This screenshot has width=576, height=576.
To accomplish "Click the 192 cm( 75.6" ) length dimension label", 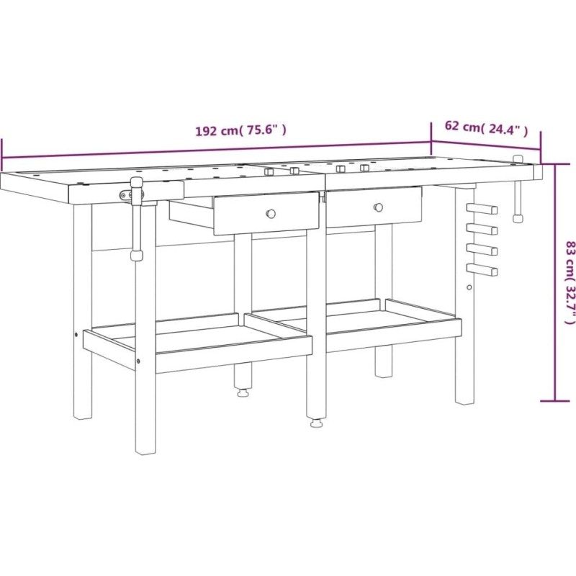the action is click(240, 130).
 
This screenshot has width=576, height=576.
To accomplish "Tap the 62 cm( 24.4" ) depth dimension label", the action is click(487, 127).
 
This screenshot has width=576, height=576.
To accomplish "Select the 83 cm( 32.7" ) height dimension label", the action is click(569, 282).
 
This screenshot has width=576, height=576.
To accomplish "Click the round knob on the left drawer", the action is click(271, 213).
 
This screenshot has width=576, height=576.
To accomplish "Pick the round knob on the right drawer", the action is click(378, 207).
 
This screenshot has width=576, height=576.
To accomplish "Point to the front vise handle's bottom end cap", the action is click(137, 256).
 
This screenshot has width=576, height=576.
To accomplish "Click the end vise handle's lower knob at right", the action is click(518, 218).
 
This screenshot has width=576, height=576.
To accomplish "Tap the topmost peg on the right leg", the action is click(482, 209).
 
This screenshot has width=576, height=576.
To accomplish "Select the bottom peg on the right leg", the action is click(482, 270).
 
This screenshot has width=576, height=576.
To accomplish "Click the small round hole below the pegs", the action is click(469, 287).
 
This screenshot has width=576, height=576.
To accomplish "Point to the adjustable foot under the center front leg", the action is click(315, 424).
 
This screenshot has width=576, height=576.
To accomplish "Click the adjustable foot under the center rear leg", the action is click(243, 393).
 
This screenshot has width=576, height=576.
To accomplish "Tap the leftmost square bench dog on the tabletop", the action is click(269, 171).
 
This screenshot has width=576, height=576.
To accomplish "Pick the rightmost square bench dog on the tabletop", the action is click(364, 168).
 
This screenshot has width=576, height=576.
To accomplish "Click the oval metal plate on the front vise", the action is click(126, 195).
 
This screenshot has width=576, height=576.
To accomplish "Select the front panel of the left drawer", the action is click(266, 213).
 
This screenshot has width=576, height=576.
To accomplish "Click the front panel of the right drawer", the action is click(374, 207).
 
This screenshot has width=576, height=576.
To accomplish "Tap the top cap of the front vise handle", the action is click(137, 183).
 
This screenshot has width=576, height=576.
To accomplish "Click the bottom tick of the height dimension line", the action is click(554, 401).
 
